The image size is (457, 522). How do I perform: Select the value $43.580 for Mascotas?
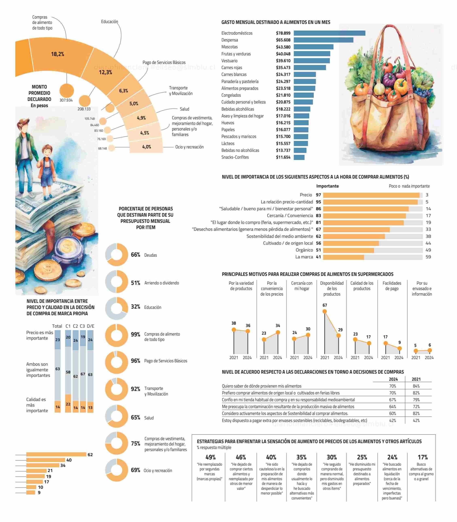coord(283,47)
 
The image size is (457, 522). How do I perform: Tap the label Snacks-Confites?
coord(235,157)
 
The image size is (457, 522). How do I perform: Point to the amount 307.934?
coord(66,100)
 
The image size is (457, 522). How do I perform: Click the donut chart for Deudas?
coord(117,255)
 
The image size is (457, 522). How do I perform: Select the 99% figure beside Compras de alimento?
coord(135,334)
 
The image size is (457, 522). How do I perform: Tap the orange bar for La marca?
coord(343,257)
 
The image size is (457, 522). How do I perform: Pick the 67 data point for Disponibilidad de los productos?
coord(325,311)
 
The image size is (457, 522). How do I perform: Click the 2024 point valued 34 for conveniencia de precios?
coord(278,332)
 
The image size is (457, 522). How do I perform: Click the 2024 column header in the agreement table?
coord(393,379)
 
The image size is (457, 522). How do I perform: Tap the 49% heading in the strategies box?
coord(210,457)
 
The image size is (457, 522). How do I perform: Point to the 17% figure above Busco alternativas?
coord(423,457)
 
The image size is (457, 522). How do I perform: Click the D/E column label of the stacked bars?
coord(90,326)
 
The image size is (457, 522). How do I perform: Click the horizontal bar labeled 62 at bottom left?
coord(56,454)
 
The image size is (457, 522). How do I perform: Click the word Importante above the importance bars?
coord(327,186)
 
